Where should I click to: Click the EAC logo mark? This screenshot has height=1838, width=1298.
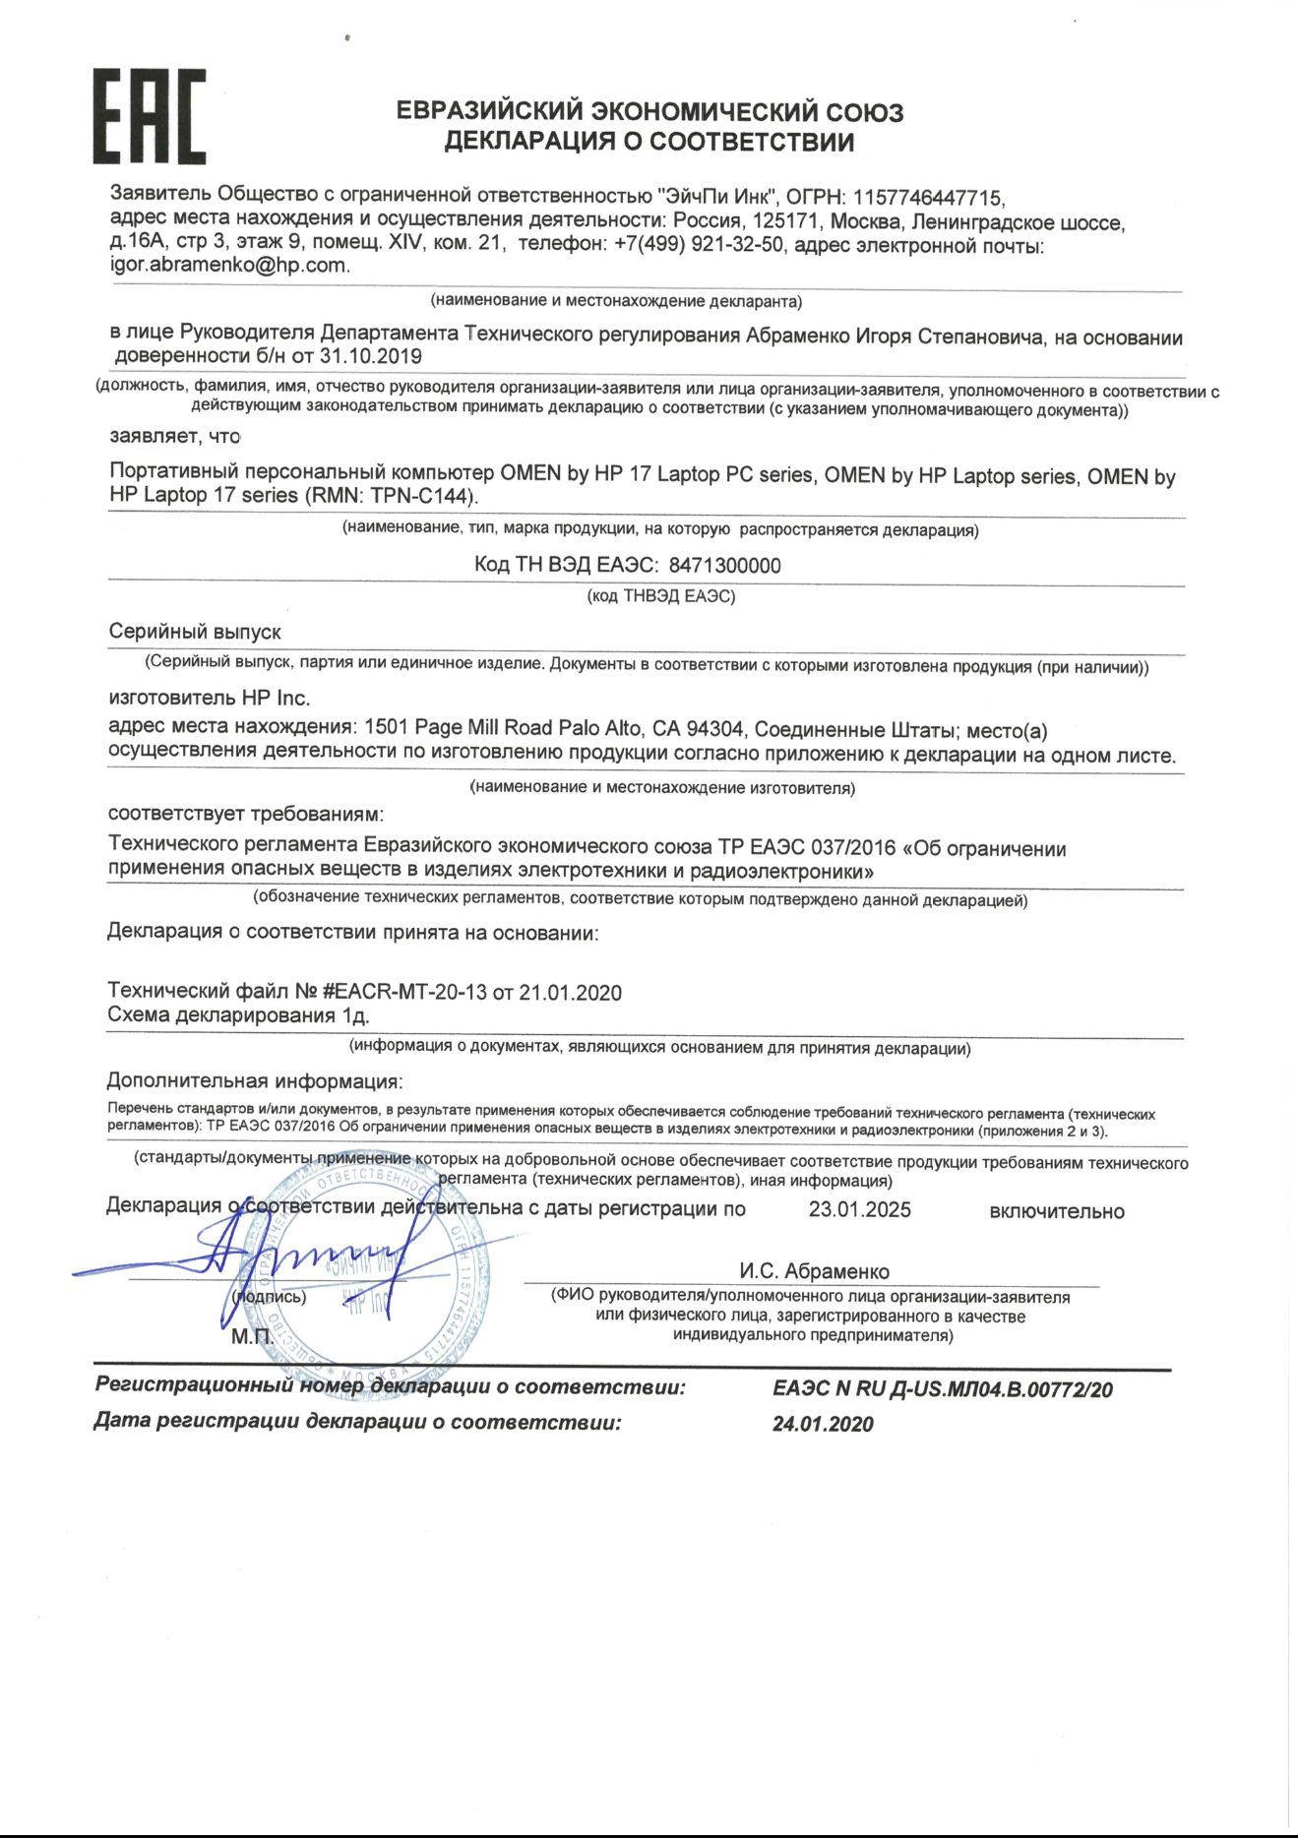click(x=150, y=116)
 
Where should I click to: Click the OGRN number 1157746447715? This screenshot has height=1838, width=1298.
click(x=928, y=198)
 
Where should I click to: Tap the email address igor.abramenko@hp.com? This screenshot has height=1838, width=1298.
click(x=228, y=265)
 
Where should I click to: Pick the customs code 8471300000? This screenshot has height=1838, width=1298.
click(x=724, y=565)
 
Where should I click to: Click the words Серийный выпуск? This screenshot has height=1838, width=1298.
click(x=195, y=632)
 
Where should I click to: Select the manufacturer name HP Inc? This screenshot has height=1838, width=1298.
click(x=276, y=698)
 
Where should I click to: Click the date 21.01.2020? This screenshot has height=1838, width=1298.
click(x=570, y=992)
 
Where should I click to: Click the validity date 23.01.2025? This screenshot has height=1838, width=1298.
click(x=859, y=1209)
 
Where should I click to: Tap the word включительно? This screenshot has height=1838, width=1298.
click(x=1056, y=1211)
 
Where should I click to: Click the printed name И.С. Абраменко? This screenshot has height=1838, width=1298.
click(x=814, y=1271)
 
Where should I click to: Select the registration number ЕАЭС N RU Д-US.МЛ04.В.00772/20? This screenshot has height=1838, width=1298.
click(x=942, y=1389)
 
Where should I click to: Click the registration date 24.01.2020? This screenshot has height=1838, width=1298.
click(x=823, y=1424)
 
